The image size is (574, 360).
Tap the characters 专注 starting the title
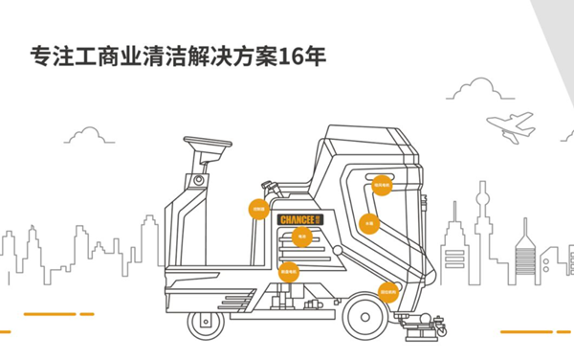point(49,56)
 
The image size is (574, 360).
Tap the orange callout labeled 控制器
point(258,209)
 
